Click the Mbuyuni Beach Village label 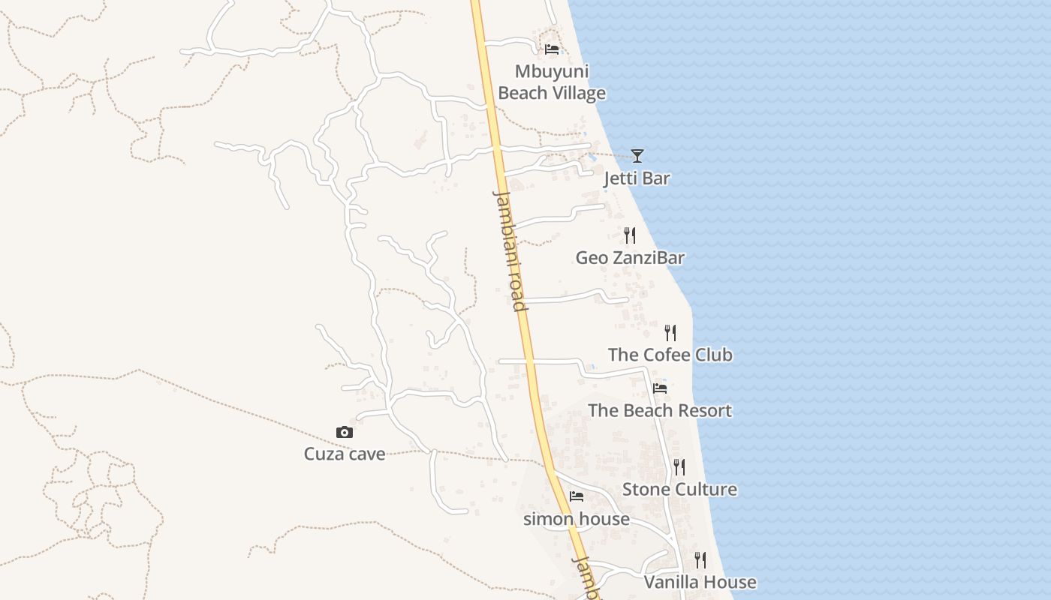pyautogui.click(x=552, y=82)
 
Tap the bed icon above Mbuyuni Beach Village pyautogui.click(x=552, y=49)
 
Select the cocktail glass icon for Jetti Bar pyautogui.click(x=637, y=155)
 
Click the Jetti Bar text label pyautogui.click(x=637, y=178)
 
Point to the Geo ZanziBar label pyautogui.click(x=630, y=258)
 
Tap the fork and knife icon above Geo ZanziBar pyautogui.click(x=630, y=235)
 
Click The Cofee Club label pyautogui.click(x=670, y=355)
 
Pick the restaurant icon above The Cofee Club pyautogui.click(x=670, y=332)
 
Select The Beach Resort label pyautogui.click(x=660, y=411)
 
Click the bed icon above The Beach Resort pyautogui.click(x=660, y=388)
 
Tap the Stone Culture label pyautogui.click(x=679, y=490)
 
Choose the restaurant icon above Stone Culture pyautogui.click(x=679, y=467)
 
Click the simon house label pyautogui.click(x=577, y=519)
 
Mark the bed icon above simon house pyautogui.click(x=577, y=496)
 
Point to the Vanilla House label pyautogui.click(x=700, y=583)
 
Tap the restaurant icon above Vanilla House pyautogui.click(x=700, y=560)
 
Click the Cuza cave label pyautogui.click(x=345, y=454)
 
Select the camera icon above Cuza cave pyautogui.click(x=345, y=432)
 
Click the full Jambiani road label pyautogui.click(x=509, y=250)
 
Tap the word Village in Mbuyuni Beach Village pyautogui.click(x=579, y=94)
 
